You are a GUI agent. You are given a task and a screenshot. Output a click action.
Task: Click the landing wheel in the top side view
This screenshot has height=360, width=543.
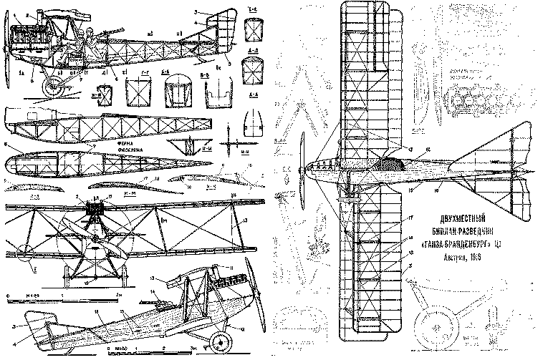[x=52, y=89]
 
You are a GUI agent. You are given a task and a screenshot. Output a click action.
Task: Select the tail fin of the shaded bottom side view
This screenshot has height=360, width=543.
[x=42, y=329]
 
